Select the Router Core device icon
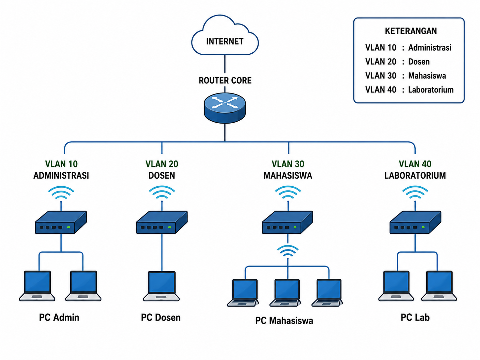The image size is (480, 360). [x=225, y=108]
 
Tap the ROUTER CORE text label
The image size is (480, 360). [x=225, y=81]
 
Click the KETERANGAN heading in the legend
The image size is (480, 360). [x=411, y=31]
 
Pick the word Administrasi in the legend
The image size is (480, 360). [x=430, y=48]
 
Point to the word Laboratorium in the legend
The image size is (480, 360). [x=431, y=90]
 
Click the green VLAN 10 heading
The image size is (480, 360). [x=61, y=164]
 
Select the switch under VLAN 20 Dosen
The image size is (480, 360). [x=162, y=222]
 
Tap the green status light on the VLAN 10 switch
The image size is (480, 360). [x=69, y=227]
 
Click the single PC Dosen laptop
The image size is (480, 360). [x=161, y=286]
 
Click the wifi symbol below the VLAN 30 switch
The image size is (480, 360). [x=288, y=251]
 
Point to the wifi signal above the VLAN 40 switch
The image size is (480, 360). [x=415, y=192]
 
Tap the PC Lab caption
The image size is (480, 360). [x=415, y=317]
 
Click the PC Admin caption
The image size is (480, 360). [x=59, y=317]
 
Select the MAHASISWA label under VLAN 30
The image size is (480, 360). [x=288, y=175]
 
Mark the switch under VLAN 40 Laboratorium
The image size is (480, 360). [x=415, y=222]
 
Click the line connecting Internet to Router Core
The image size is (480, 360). [x=225, y=64]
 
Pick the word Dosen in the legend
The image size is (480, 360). [x=419, y=62]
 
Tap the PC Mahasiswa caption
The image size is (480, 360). [x=284, y=321]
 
